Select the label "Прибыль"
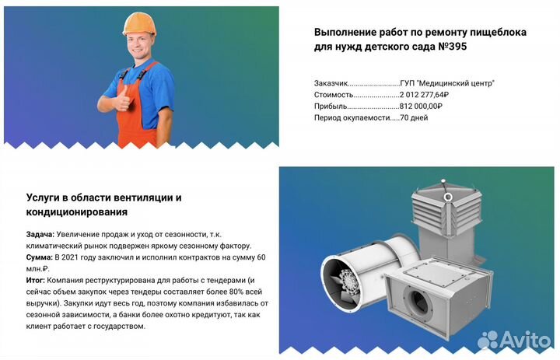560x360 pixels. (331, 107)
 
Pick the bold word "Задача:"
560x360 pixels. (40, 234)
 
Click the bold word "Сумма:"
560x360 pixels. (40, 257)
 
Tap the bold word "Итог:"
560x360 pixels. (36, 280)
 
